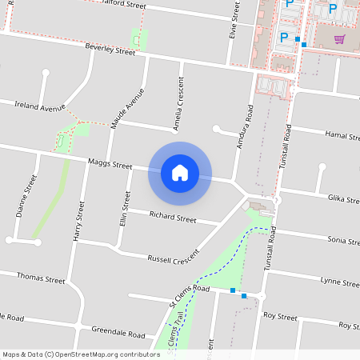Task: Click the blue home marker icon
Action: [x=180, y=172]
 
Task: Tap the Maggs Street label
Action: [x=110, y=166]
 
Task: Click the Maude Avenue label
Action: [x=127, y=110]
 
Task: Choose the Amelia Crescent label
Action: [x=178, y=104]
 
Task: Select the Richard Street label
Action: [x=173, y=217]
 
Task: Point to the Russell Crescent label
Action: [x=174, y=258]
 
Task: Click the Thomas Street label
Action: [x=41, y=280]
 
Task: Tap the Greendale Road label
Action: [x=118, y=333]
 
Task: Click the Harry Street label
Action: [x=78, y=222]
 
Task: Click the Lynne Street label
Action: [x=339, y=281]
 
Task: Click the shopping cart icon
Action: [x=340, y=38]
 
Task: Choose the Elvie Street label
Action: [x=234, y=21]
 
